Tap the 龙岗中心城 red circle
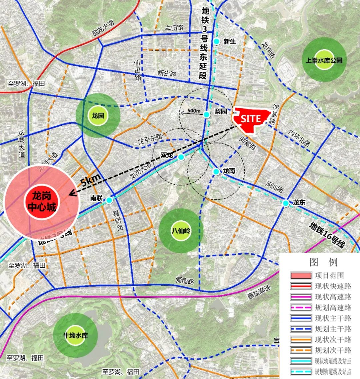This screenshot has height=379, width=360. [42, 202]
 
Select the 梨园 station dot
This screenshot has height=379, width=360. [207, 115]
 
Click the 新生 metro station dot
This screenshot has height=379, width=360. [217, 42]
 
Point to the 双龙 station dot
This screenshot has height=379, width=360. [181, 157]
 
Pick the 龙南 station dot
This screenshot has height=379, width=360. [216, 172]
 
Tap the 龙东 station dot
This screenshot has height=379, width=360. [286, 203]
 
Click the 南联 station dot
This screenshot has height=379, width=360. [109, 200]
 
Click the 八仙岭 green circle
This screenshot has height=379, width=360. [181, 231]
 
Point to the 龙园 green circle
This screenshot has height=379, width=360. [98, 115]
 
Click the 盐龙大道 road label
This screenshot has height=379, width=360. [103, 29]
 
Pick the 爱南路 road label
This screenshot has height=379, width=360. [185, 281]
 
